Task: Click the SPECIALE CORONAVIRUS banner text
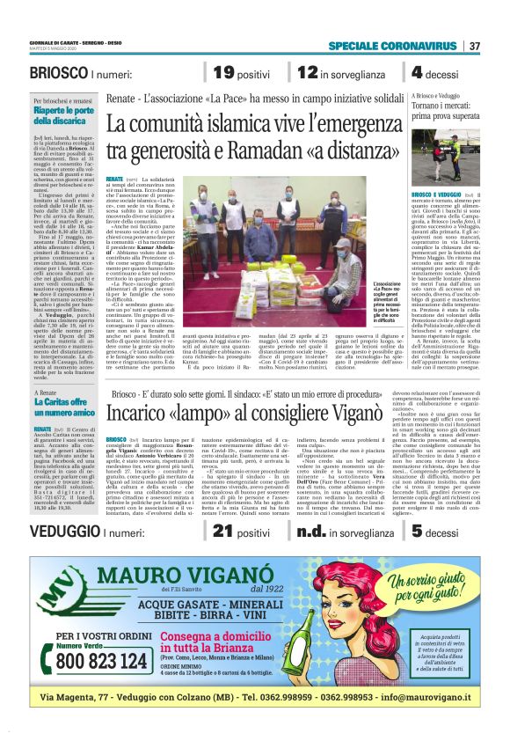(x=392, y=46)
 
